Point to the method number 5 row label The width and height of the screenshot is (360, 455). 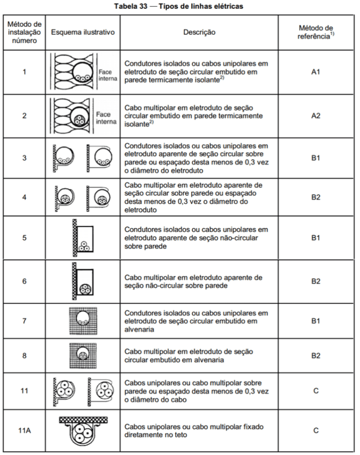(24, 238)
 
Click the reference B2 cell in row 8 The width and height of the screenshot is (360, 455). (315, 356)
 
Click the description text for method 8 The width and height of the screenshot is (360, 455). (190, 356)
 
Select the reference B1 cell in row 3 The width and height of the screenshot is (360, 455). (315, 159)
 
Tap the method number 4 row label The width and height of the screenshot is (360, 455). (24, 197)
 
